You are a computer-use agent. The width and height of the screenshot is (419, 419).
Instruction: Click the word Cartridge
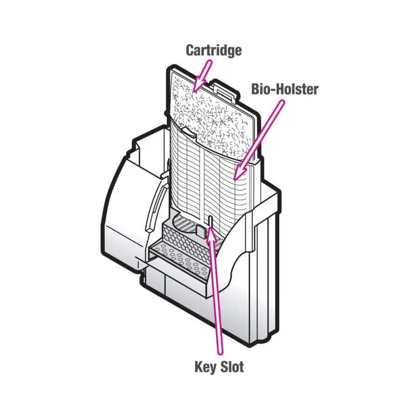click(x=214, y=50)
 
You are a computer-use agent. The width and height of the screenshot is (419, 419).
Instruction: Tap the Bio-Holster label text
click(x=284, y=88)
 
